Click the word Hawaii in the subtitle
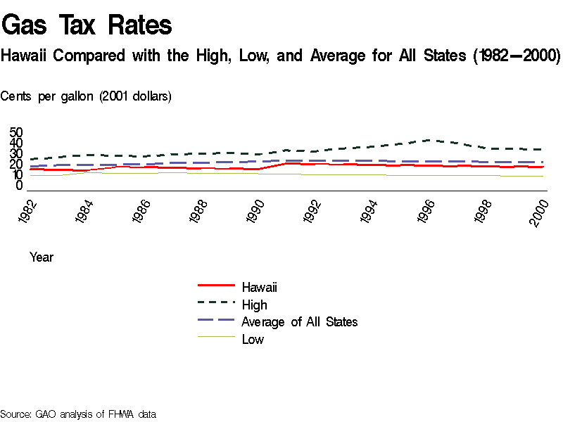click(23, 56)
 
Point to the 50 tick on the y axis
click(16, 132)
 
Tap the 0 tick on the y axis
click(20, 186)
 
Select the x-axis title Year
click(42, 257)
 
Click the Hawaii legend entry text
click(260, 287)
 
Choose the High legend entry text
click(254, 305)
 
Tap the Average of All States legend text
click(300, 322)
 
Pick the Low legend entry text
click(253, 340)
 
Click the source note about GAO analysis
click(78, 414)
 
